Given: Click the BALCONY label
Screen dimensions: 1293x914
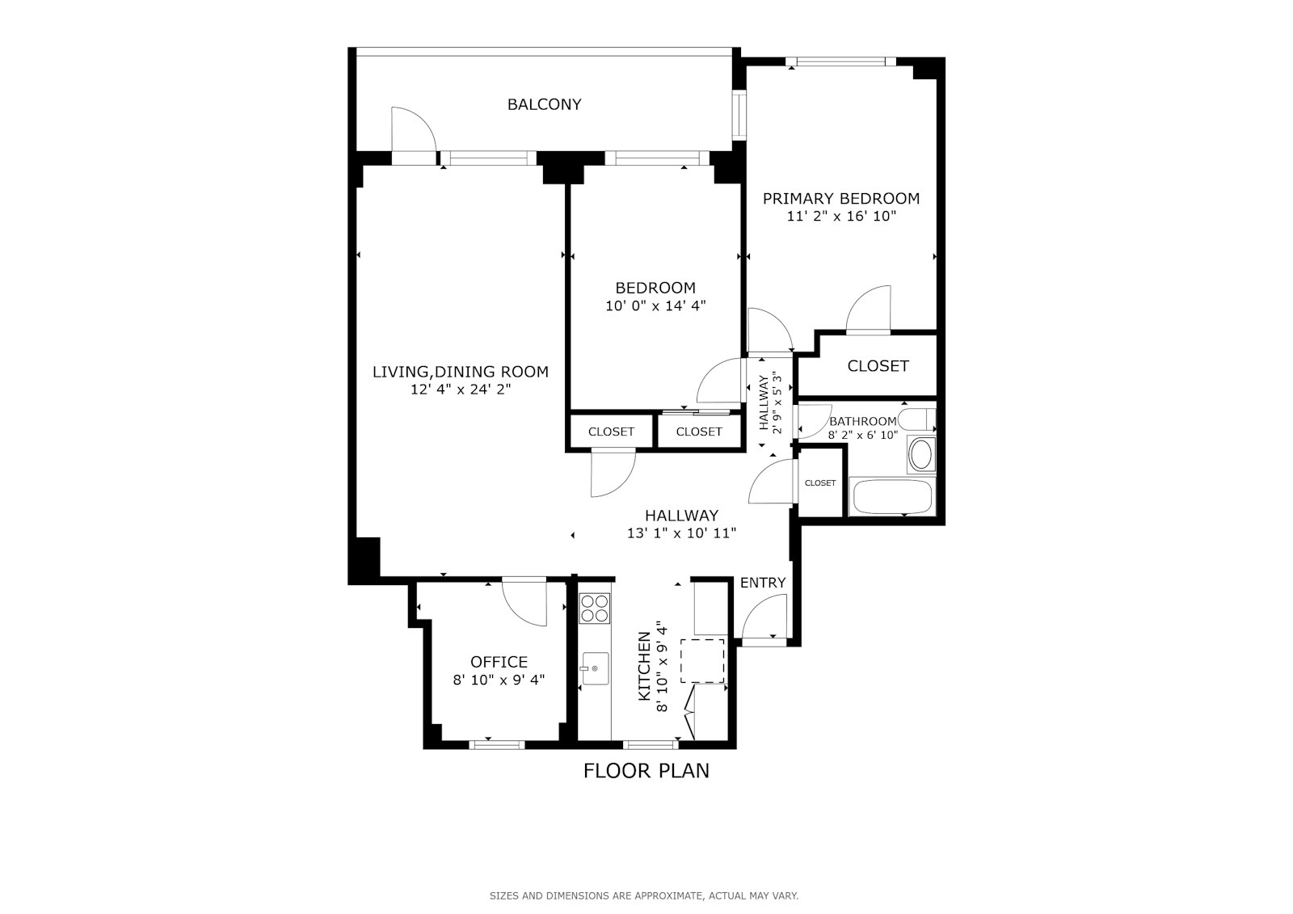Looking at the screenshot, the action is click(544, 104).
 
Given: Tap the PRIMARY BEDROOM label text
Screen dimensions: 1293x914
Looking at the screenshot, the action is click(841, 199).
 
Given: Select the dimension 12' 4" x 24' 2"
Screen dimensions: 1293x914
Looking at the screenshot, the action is click(461, 390).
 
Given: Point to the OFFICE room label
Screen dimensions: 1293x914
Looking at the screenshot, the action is click(499, 662).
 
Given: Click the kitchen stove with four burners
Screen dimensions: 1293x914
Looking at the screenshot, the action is click(595, 608).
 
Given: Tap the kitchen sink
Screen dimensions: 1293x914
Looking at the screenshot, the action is click(595, 668).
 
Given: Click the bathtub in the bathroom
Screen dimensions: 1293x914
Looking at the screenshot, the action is click(892, 496).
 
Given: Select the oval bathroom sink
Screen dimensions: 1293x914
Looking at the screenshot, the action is click(920, 455).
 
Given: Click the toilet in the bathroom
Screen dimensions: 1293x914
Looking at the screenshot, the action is click(917, 419).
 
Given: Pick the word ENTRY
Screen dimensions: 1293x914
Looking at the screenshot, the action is click(763, 583).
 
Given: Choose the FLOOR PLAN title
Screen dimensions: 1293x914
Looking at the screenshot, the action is click(646, 771).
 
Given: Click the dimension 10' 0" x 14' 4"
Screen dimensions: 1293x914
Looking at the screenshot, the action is click(655, 306).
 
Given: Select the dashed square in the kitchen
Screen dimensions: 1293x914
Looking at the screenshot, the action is click(702, 661).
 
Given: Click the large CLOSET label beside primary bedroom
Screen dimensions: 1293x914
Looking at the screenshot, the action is click(878, 366).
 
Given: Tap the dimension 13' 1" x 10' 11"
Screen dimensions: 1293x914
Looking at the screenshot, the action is click(682, 533).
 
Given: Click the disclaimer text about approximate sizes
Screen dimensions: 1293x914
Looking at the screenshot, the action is click(644, 896).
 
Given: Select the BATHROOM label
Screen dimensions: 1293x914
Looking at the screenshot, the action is click(863, 422).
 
